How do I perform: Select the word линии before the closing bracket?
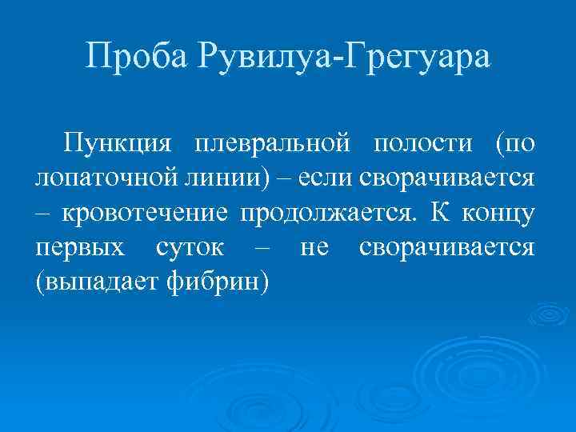tap(209, 177)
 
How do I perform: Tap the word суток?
tap(190, 247)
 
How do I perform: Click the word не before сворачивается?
tap(314, 247)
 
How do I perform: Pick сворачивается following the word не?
tap(446, 247)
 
